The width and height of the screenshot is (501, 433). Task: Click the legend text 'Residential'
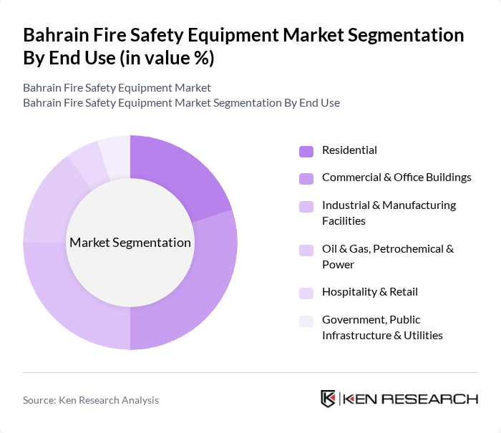coord(349,150)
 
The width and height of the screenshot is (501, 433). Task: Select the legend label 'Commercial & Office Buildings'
coord(397,177)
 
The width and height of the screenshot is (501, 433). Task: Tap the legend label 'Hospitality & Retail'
coord(369,292)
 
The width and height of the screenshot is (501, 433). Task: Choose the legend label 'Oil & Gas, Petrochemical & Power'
coord(388,256)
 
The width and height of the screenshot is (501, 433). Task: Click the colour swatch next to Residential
coord(306,151)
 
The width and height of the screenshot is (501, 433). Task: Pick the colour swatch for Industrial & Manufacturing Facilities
coord(306,206)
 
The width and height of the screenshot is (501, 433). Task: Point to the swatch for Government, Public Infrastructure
coord(306,321)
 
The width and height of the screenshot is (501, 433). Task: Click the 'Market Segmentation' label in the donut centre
coord(130,243)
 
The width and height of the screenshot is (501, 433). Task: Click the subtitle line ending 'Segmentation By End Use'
coord(181,102)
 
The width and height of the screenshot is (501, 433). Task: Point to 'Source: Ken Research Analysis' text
coord(91,400)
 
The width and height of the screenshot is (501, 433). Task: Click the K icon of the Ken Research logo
coord(329,399)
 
